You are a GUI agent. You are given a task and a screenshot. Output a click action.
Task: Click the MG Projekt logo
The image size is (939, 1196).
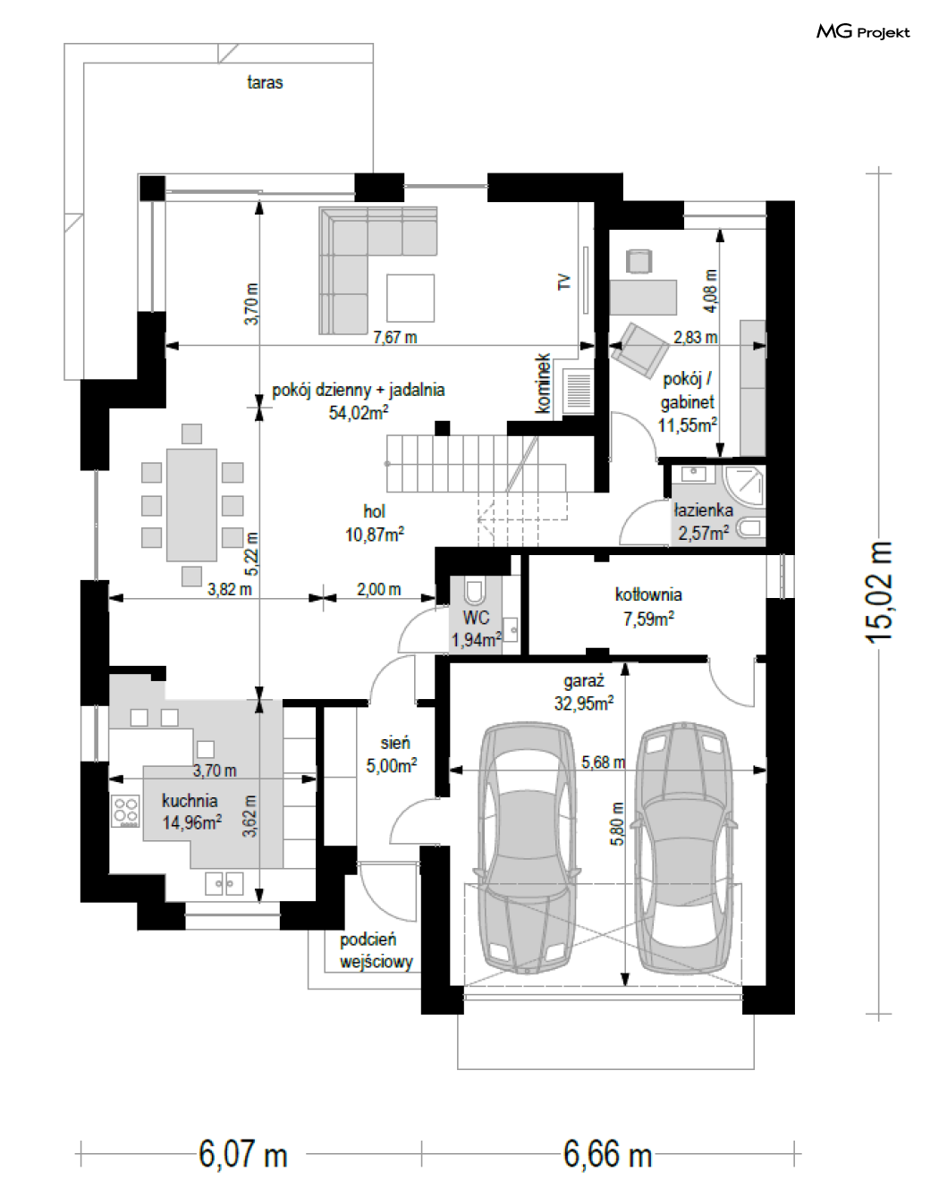coord(863,32)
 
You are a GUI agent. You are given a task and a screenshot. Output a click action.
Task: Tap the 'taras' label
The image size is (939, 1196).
coord(265,82)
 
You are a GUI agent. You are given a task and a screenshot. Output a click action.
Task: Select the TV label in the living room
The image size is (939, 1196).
coord(564,282)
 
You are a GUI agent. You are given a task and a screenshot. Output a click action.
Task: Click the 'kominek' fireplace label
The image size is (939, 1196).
coord(543,383)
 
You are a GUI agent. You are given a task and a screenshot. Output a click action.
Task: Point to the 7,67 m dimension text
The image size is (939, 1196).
coord(394,337)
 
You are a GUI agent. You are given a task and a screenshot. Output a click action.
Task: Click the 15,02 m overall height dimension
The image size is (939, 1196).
coord(878,592)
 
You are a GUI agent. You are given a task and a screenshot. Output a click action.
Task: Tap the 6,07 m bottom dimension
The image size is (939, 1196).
coord(242,1154)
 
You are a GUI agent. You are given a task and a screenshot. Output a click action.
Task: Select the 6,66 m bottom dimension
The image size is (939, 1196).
coord(607,1154)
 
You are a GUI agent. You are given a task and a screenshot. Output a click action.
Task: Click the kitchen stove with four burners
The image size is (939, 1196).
coord(125,812)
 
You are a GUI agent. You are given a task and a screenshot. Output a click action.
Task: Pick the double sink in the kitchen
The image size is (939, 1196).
coord(224,884)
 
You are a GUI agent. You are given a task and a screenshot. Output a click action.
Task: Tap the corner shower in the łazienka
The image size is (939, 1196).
coord(744,486)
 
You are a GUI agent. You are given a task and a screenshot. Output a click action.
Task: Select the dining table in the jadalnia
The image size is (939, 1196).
coord(191,505)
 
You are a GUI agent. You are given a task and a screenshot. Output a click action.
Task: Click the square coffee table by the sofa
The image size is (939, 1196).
coord(410,298)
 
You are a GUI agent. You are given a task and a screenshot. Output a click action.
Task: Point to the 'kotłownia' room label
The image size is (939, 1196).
coord(648,595)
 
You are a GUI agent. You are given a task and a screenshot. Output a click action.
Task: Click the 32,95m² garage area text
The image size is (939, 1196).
coord(583,703)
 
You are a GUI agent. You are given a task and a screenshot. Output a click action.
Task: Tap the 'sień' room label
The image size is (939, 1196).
coord(395,743)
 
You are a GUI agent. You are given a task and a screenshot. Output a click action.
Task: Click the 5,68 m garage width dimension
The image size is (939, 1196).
coord(604,762)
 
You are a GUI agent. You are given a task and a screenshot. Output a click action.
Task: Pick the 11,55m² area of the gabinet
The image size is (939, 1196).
coord(688,425)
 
